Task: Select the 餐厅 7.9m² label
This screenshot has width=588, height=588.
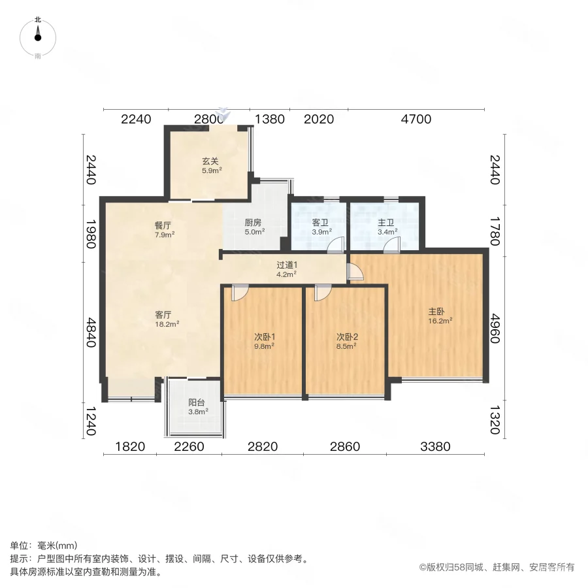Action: coord(163,229)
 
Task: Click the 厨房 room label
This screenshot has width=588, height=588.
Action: coord(254,226)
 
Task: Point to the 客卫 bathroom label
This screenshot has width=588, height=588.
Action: coord(320,226)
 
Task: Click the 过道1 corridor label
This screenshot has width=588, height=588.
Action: coord(286,269)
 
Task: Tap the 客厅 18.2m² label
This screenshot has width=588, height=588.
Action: coord(163,318)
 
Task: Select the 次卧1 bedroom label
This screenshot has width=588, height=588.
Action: coord(264,341)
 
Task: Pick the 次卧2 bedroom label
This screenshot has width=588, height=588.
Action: coord(346,341)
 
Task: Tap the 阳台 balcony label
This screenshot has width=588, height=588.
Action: coord(198,407)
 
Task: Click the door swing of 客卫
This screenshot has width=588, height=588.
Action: coord(335,244)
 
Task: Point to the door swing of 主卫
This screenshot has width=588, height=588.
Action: coord(392,244)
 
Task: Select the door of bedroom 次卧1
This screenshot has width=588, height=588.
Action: coord(239,293)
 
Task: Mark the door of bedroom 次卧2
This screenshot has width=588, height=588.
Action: coord(322,293)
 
